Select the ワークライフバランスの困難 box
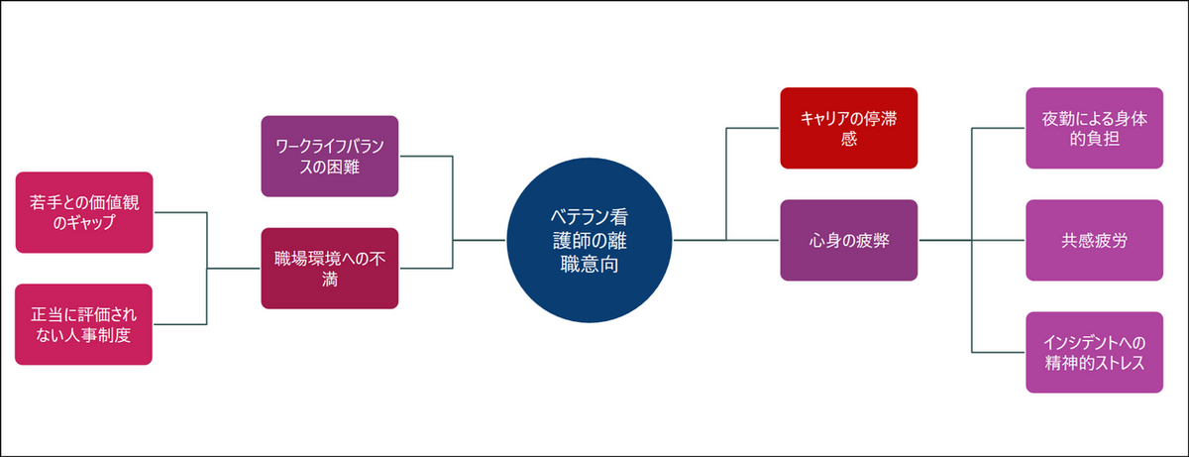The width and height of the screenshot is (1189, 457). coord(331,156)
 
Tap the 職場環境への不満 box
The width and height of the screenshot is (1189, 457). coord(331,268)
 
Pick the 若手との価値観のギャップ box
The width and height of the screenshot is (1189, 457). coord(84,212)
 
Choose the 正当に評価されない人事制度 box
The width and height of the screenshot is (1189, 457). coord(84,324)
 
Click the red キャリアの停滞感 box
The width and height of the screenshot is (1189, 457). coord(848,128)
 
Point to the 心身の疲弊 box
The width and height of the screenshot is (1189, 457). coord(848,240)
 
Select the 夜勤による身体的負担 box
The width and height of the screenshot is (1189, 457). coord(1094,128)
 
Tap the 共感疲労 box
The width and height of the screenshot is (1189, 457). coord(1094,240)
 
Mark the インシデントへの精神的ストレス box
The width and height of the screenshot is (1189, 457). coord(1094,352)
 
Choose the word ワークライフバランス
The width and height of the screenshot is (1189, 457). coord(331,145)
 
